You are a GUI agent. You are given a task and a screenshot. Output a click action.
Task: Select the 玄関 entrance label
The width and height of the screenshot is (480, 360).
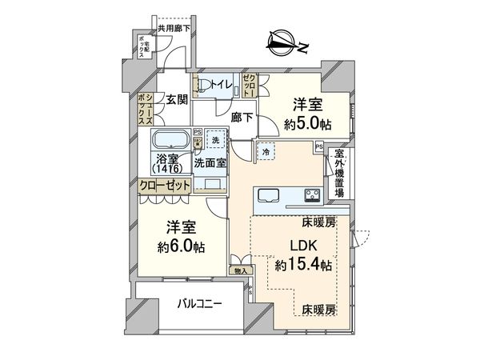pos(176,100)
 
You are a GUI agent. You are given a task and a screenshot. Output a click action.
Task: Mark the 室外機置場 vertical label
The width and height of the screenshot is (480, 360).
pos(339,172)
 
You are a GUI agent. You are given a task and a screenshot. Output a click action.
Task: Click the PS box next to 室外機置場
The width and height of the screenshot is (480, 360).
pos(319,147)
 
